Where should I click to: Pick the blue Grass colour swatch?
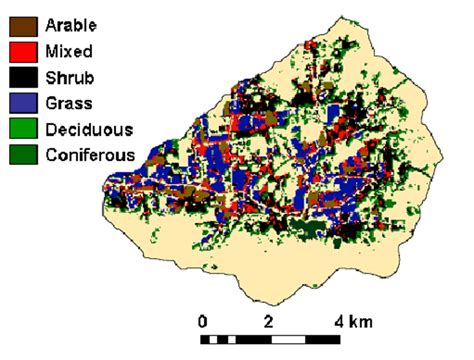[23, 101]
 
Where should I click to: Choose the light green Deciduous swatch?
[23, 128]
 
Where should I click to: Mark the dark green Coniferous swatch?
[23, 155]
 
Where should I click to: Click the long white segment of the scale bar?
[301, 340]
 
